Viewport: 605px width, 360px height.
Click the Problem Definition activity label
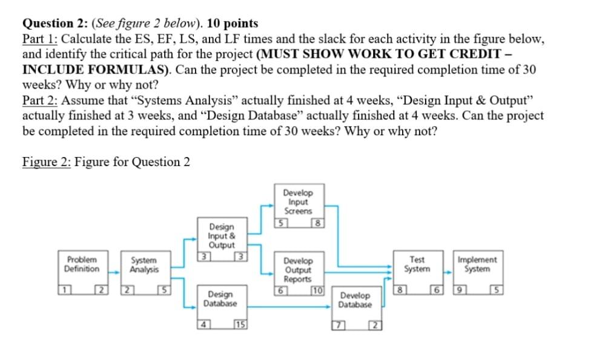82,264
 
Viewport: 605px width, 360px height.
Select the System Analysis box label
144,264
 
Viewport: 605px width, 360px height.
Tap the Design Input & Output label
221,235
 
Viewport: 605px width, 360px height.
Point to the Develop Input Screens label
298,202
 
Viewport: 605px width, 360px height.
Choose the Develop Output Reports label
298,269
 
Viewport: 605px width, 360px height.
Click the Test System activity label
417,264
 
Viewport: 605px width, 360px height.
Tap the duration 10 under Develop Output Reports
318,290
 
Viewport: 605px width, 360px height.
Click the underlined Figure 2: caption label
46,162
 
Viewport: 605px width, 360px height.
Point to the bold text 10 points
233,24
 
